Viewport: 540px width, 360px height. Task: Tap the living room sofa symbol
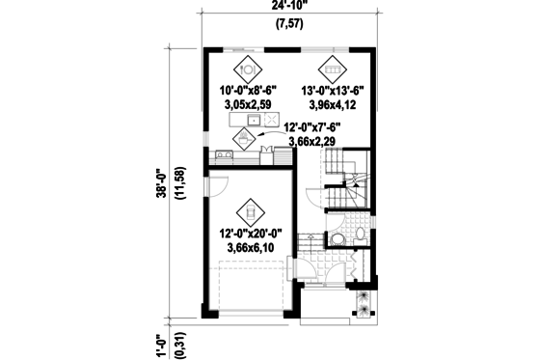tap(332, 68)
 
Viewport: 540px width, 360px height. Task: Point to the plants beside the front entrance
tap(364, 302)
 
